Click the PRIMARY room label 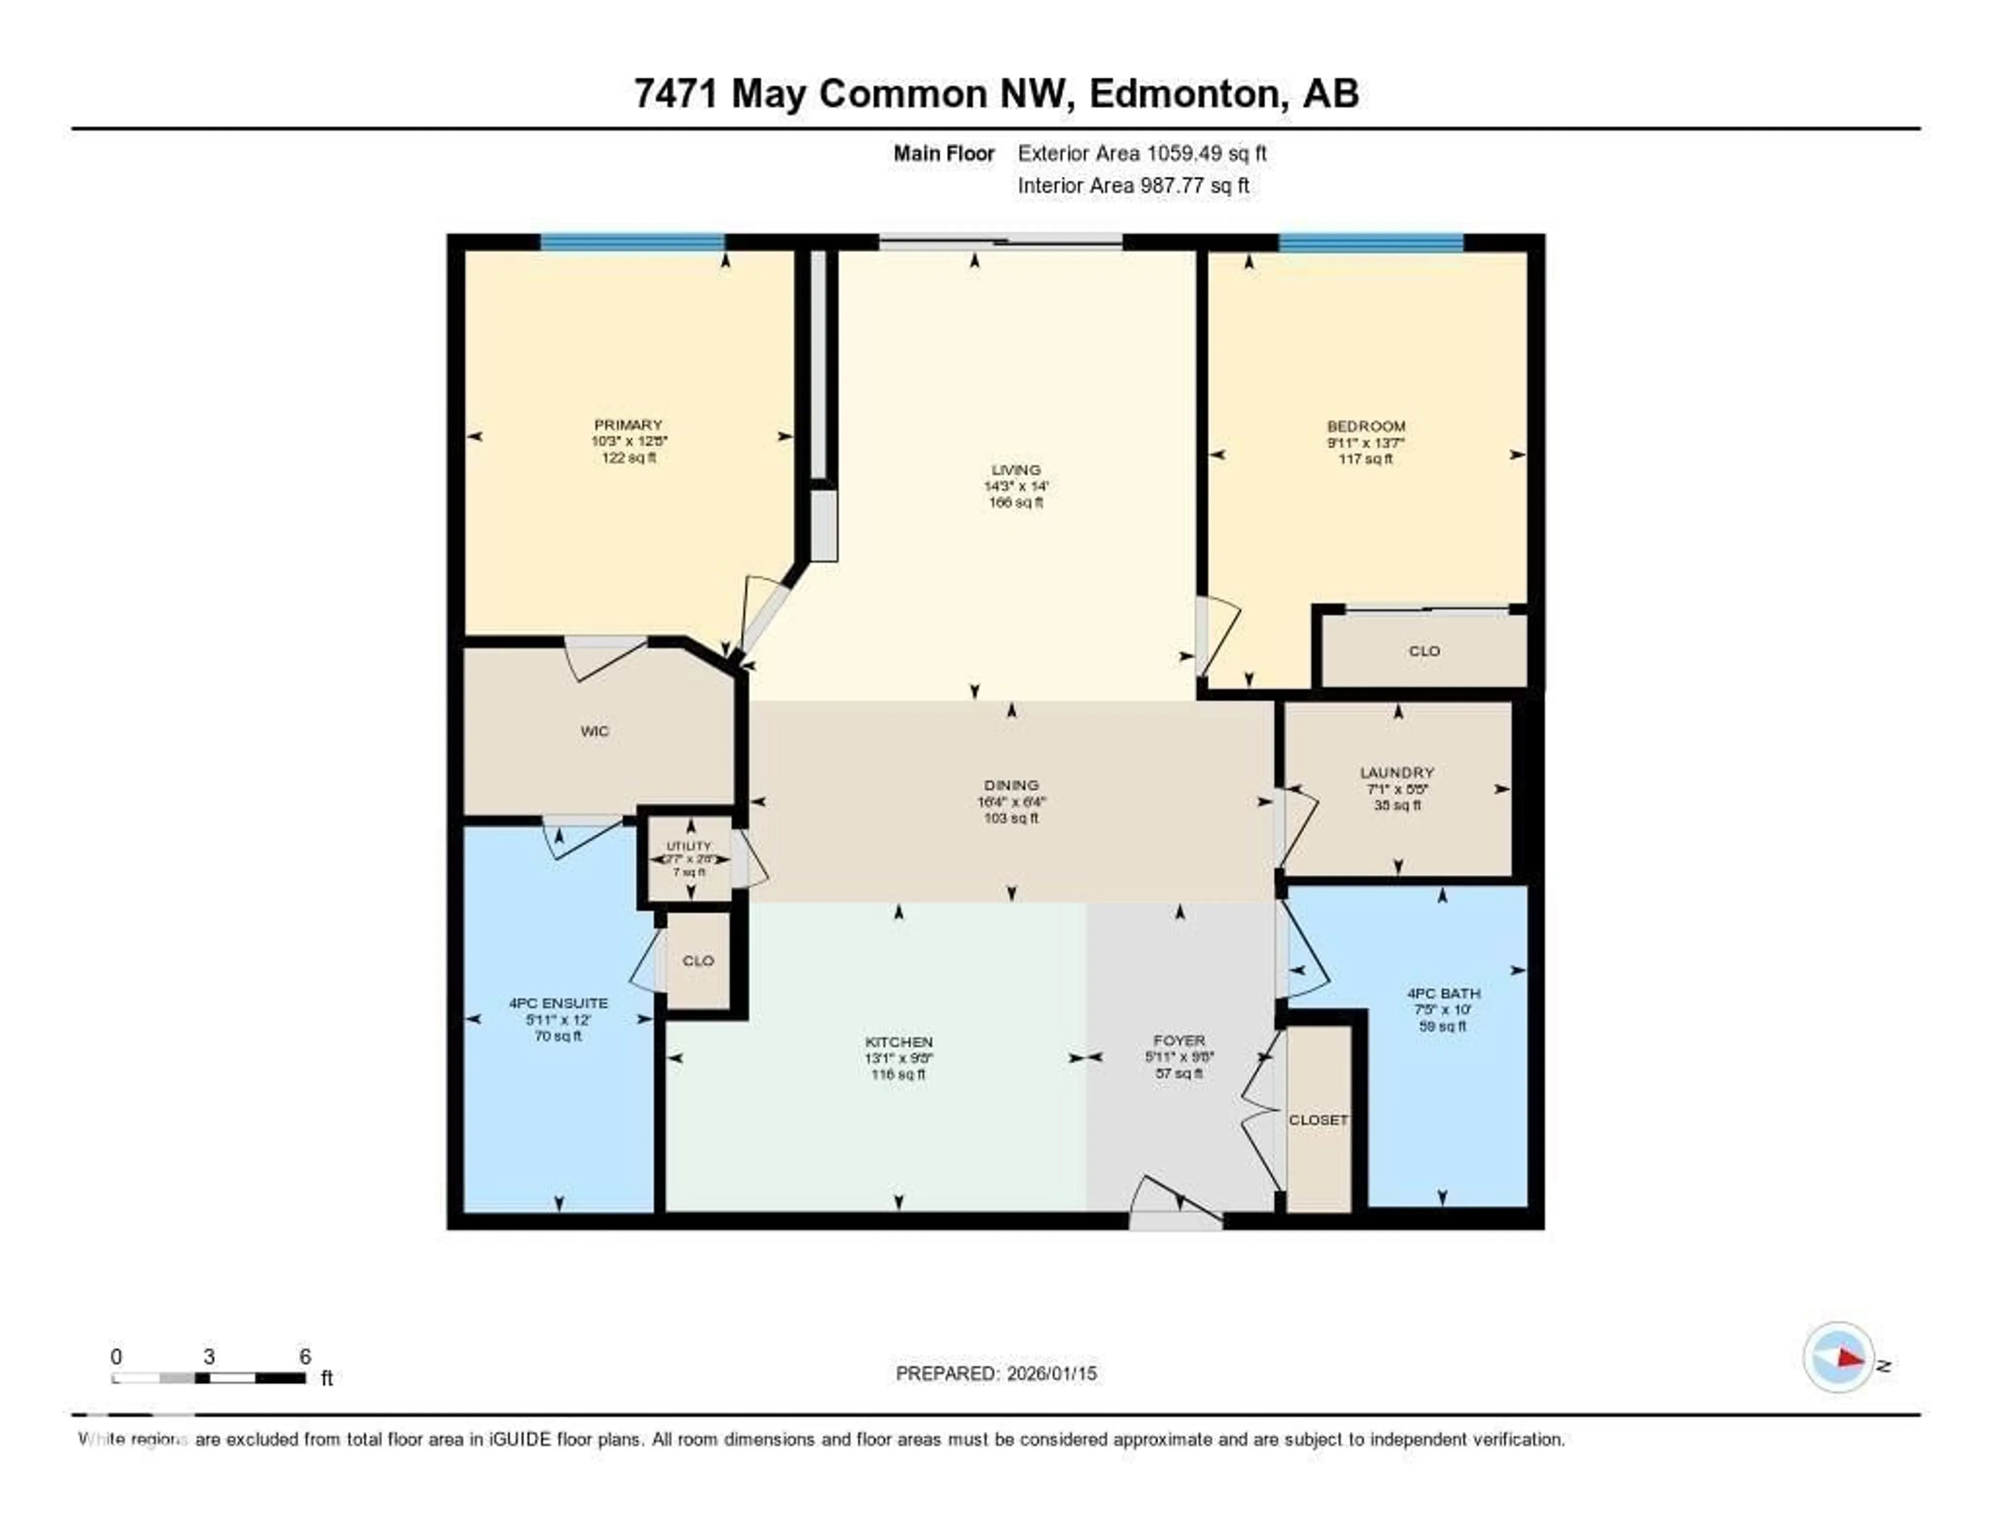(628, 424)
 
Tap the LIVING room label (1015, 470)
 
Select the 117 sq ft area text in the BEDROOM (1365, 459)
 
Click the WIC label (594, 731)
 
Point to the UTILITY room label (688, 846)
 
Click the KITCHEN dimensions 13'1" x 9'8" (898, 1058)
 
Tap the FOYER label (1179, 1040)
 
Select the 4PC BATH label (1443, 993)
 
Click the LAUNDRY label (1396, 772)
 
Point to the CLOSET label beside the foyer (1318, 1119)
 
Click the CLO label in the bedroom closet (1424, 651)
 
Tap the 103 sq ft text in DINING (1011, 818)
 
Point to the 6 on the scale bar (305, 1356)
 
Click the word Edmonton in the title (1187, 94)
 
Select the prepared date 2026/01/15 (1052, 1373)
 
